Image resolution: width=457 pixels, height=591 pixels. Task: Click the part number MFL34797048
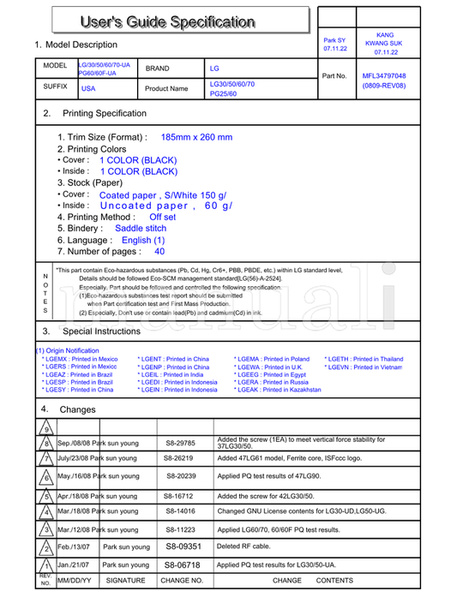(384, 75)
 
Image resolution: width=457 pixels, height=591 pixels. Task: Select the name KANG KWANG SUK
(384, 43)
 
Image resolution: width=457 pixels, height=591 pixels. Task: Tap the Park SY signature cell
(334, 44)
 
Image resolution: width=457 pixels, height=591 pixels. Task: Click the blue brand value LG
(214, 68)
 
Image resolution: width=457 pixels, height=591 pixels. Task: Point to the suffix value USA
(88, 89)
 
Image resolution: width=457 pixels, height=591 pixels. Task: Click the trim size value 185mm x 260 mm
(196, 137)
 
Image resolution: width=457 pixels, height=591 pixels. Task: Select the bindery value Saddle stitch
(141, 229)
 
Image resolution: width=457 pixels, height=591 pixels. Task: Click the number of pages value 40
(159, 252)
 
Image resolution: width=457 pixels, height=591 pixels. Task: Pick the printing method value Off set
(162, 218)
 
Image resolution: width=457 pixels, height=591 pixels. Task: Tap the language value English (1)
(143, 241)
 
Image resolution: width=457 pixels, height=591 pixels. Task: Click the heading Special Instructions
(101, 331)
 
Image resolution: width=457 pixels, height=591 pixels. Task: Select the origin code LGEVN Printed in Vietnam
(364, 367)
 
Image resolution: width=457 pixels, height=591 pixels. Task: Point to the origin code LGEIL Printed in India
(171, 374)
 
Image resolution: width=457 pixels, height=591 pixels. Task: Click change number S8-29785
(180, 444)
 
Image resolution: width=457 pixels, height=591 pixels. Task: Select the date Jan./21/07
(73, 565)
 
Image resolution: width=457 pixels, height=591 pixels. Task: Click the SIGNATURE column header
(125, 581)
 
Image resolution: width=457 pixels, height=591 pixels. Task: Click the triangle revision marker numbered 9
(46, 429)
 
